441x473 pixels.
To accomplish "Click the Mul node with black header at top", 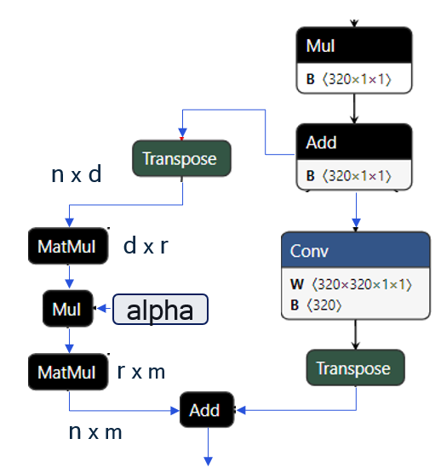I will (x=353, y=46).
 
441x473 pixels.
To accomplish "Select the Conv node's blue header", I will (x=353, y=252).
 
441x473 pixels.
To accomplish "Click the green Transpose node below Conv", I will (x=355, y=368).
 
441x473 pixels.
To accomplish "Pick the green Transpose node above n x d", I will (x=181, y=158).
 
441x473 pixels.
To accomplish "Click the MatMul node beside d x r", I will (x=68, y=247).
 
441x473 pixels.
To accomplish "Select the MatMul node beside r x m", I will (x=68, y=372).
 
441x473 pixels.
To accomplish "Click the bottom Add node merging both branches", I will (x=205, y=410).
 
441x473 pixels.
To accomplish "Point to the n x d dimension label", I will (x=77, y=175).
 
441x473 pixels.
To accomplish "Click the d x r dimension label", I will (x=146, y=247).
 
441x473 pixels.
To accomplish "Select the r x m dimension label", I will (x=141, y=372).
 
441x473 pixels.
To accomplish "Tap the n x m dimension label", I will (x=95, y=432).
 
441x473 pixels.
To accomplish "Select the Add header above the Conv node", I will (x=353, y=143).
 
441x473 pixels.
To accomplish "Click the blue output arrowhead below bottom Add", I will (x=205, y=460).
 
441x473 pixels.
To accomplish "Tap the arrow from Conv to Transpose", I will (x=355, y=334).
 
